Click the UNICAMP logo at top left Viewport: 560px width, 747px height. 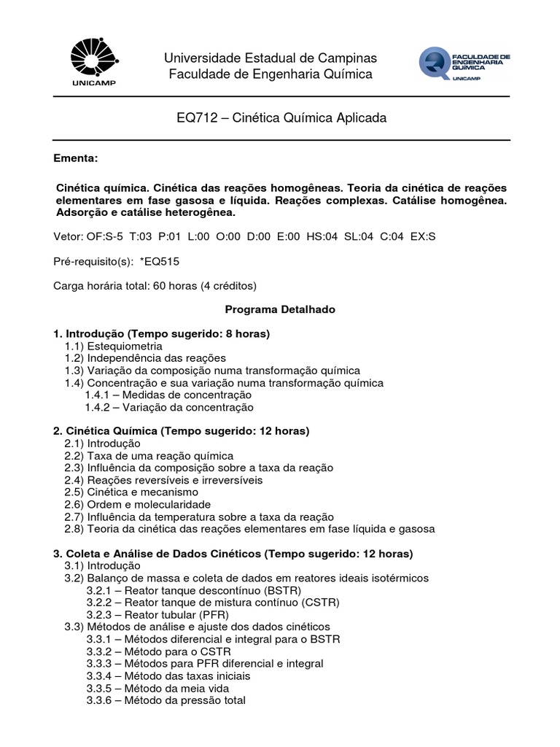coord(92,63)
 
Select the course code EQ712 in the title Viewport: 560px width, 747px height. coord(195,117)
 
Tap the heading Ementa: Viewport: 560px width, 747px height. coord(76,158)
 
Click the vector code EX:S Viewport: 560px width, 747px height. coord(422,236)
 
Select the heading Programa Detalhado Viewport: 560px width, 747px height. coord(280,309)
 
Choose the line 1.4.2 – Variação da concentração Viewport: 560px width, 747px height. coord(169,407)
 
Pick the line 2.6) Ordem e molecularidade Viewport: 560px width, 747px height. coord(138,504)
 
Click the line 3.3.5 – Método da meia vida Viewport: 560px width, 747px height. coord(157,688)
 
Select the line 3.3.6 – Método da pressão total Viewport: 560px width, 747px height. coord(166,700)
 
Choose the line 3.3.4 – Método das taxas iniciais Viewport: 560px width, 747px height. coord(168,676)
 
